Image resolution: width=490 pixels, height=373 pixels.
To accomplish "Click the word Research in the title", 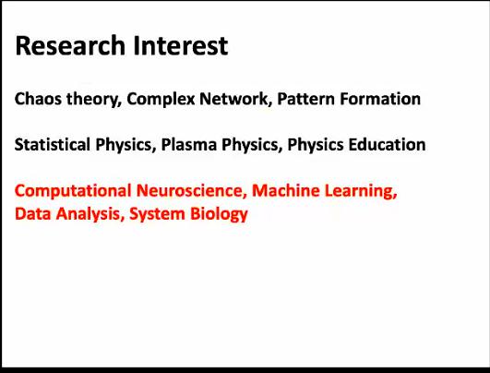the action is click(70, 45).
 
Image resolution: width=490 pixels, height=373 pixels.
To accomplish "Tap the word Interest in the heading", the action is click(181, 45).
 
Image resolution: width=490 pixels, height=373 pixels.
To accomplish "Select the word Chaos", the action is click(38, 99).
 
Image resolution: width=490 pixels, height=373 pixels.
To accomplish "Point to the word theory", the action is click(94, 100).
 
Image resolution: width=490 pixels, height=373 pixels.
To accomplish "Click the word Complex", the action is click(161, 100).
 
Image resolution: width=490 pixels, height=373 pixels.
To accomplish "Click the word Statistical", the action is click(53, 144).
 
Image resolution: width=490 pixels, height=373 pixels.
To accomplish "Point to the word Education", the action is click(387, 144).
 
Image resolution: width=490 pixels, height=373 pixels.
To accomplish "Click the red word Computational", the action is click(73, 191).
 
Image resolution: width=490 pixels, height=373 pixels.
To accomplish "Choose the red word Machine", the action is click(286, 190).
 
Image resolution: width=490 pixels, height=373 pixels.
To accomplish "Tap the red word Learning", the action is click(361, 191).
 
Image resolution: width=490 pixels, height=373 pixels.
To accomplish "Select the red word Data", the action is click(33, 214).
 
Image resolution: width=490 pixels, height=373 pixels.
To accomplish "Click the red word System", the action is click(157, 215).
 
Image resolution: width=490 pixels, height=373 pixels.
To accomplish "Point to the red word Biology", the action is click(219, 215).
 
